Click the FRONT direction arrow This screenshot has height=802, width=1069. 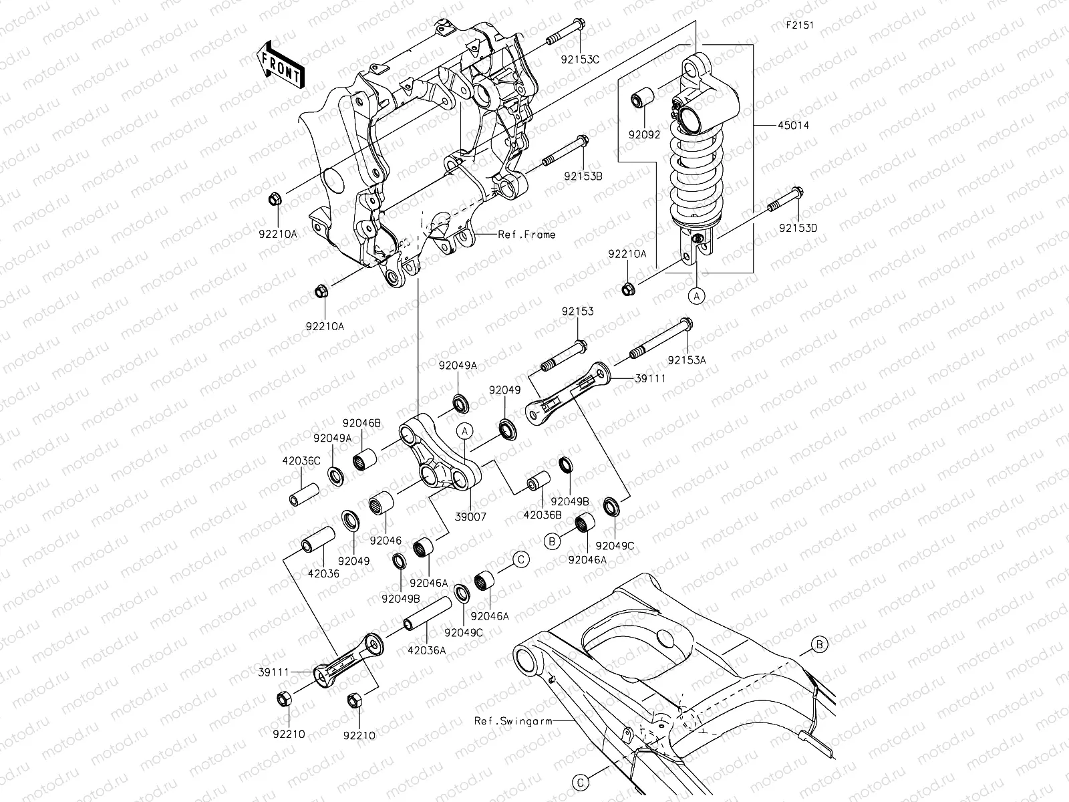pyautogui.click(x=281, y=64)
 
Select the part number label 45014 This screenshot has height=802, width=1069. pyautogui.click(x=792, y=125)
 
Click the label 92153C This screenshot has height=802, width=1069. pyautogui.click(x=580, y=59)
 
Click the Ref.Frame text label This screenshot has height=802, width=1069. pyautogui.click(x=526, y=235)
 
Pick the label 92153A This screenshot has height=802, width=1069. pyautogui.click(x=686, y=360)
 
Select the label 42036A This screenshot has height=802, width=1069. pyautogui.click(x=426, y=649)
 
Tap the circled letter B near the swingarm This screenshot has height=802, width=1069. pyautogui.click(x=820, y=644)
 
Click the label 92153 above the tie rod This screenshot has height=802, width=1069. pyautogui.click(x=577, y=311)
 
